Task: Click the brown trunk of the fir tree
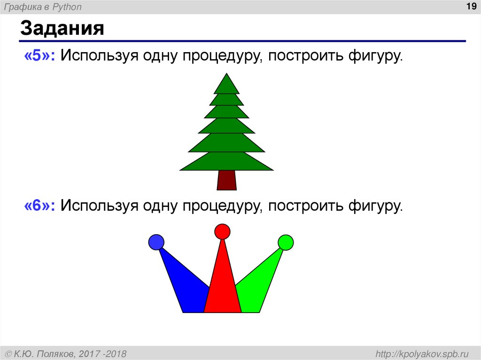[226, 180]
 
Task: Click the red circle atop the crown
[222, 231]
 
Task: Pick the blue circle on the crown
[156, 242]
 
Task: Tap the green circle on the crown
[286, 242]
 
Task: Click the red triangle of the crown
[223, 286]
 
